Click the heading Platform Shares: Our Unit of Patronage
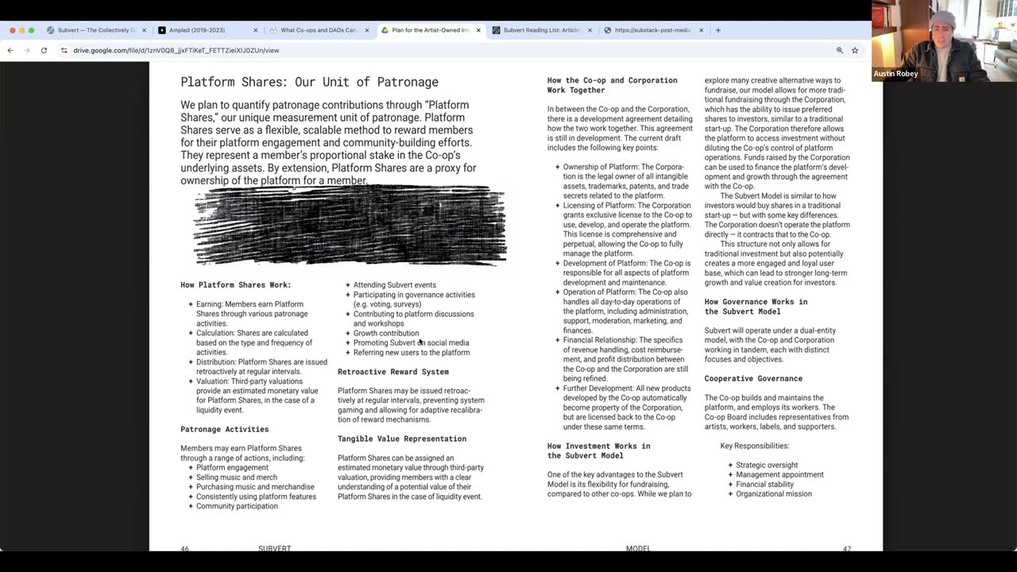point(309,82)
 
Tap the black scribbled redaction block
point(350,225)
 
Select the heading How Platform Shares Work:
point(235,284)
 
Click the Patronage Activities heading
point(224,429)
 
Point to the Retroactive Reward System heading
point(392,372)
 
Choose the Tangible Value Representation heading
point(401,439)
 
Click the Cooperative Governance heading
point(752,378)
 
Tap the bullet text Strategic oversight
point(766,465)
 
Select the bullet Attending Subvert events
point(394,284)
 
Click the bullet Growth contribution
point(385,333)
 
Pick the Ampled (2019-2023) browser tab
point(197,30)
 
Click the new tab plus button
point(717,30)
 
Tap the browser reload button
point(44,50)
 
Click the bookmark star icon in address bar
point(855,50)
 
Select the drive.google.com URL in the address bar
point(176,50)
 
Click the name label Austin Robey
point(895,74)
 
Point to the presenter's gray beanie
point(942,20)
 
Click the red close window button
point(13,30)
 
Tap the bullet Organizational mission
point(773,493)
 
